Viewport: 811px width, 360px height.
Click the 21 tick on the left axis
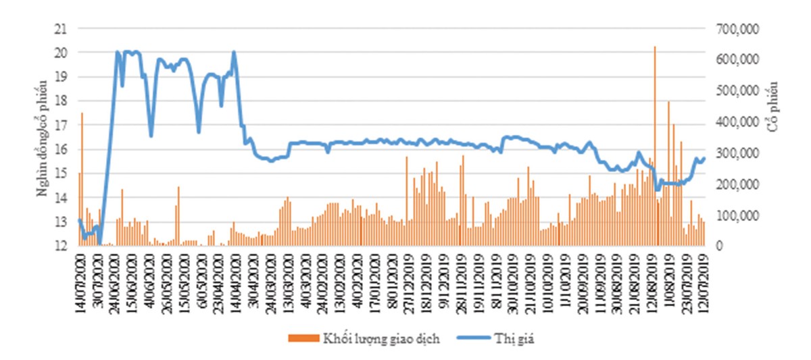[x=61, y=28]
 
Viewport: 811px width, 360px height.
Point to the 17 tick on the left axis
[x=61, y=125]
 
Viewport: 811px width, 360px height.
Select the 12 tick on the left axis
[x=61, y=246]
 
